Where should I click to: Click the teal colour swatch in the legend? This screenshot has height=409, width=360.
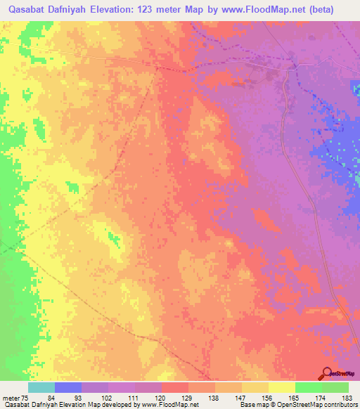click(x=41, y=387)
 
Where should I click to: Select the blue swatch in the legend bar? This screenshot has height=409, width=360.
click(x=68, y=387)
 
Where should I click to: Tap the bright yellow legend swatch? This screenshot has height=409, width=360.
click(x=282, y=387)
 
